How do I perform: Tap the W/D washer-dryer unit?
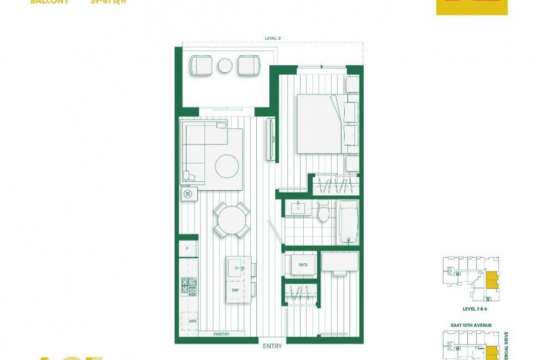(x=303, y=265)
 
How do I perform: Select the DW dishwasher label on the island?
(x=235, y=289)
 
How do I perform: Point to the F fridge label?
(x=188, y=248)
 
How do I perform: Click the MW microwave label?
(x=192, y=321)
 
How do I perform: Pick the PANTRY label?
(x=221, y=334)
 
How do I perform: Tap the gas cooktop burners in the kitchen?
(x=189, y=286)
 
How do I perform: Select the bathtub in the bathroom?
(x=348, y=222)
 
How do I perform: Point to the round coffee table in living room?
(x=227, y=166)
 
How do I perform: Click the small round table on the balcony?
(x=225, y=66)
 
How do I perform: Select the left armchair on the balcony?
(x=201, y=65)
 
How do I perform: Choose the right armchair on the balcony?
(x=249, y=65)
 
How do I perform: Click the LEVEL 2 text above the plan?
(x=273, y=38)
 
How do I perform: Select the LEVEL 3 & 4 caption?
(x=474, y=310)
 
